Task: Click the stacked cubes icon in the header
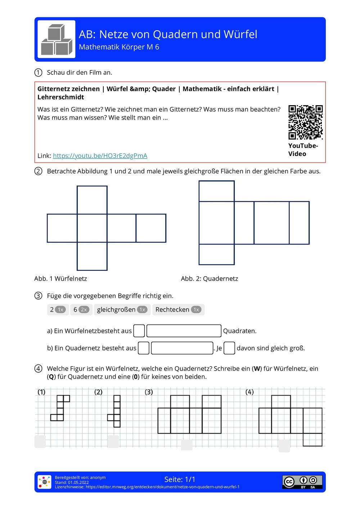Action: click(57, 39)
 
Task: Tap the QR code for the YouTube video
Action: click(305, 122)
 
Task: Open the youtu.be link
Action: click(100, 156)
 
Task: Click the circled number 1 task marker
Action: click(39, 72)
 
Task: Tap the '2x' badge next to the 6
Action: click(84, 310)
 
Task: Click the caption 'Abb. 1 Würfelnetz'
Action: click(60, 278)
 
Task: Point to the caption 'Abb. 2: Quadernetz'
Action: click(209, 278)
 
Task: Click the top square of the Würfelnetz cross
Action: click(92, 200)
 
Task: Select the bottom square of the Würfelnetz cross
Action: click(92, 256)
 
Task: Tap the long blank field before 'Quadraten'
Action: click(184, 331)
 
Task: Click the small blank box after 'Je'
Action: click(229, 348)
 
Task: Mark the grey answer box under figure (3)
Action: click(186, 445)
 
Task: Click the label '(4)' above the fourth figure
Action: click(249, 392)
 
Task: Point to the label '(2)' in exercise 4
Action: click(98, 392)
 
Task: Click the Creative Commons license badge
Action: click(302, 482)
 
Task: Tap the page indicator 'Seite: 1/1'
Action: click(180, 479)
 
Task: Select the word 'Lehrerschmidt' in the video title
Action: click(61, 97)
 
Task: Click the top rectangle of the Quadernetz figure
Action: click(216, 191)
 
